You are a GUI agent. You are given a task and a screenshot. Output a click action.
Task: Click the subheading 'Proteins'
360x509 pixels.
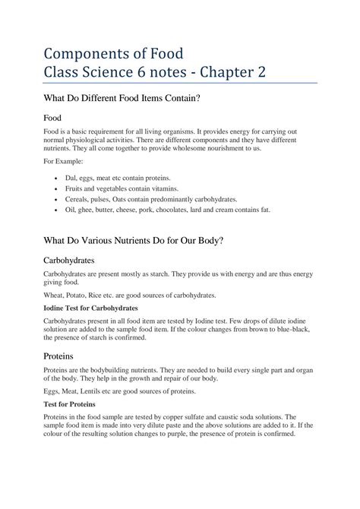(60, 355)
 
